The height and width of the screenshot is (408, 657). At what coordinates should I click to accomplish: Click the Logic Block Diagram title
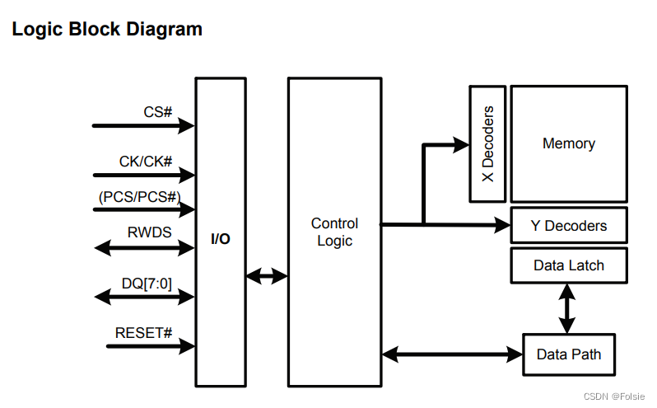point(106,30)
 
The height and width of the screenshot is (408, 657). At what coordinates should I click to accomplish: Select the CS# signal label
point(157,110)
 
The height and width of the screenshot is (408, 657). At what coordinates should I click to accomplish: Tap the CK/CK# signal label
point(146,161)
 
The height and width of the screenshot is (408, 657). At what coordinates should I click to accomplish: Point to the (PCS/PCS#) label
point(139,197)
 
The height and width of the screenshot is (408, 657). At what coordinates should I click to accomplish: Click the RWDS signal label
point(149,232)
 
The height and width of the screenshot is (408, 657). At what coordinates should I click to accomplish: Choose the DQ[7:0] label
point(147,283)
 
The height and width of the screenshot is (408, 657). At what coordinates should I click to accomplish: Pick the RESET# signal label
point(143,333)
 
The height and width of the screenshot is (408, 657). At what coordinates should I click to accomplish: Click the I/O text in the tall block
point(221,239)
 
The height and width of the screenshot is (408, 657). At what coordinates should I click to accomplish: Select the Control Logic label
point(334,232)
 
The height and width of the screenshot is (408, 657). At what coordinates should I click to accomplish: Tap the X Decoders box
point(487,143)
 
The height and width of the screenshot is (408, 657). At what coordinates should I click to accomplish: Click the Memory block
point(568,143)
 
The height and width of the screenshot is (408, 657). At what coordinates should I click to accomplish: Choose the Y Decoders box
point(568,225)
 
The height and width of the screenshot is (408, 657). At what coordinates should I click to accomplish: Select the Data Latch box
point(568,265)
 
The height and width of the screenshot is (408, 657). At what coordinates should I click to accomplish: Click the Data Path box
point(568,354)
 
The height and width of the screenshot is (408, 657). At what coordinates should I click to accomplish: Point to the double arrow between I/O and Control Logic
point(266,275)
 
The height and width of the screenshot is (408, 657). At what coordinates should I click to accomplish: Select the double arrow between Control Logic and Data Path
point(453,354)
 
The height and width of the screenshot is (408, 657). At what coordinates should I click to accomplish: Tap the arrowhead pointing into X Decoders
point(461,145)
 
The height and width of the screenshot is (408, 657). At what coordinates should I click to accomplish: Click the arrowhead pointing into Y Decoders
point(502,223)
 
